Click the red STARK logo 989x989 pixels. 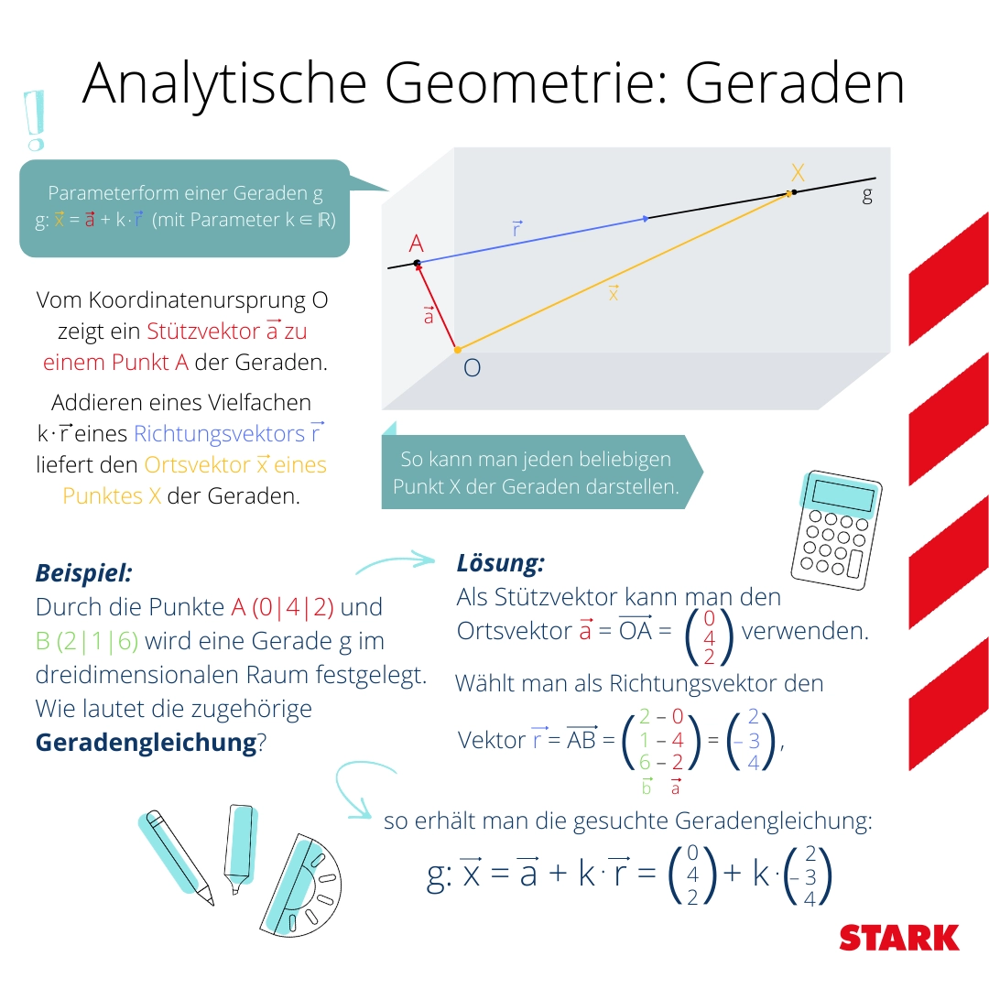coord(899,939)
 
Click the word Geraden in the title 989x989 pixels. coord(795,84)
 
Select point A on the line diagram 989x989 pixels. coord(417,264)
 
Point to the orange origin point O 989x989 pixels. coord(458,350)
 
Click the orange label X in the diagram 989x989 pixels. coord(798,172)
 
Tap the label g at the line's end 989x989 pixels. coord(866,195)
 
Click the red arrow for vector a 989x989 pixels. coord(437,306)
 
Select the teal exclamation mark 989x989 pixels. coord(35,120)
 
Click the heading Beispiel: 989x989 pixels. coord(84,573)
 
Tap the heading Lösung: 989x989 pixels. coord(500,562)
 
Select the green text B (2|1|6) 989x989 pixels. coord(87,641)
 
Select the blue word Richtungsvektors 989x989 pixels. coord(220,433)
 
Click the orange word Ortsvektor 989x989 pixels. coord(197,465)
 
